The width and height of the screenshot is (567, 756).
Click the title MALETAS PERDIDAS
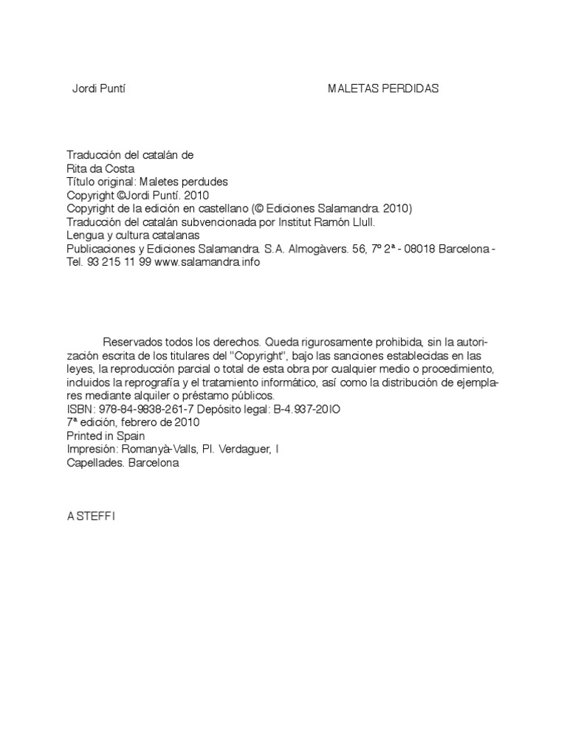click(x=383, y=89)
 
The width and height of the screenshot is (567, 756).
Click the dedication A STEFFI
click(x=92, y=517)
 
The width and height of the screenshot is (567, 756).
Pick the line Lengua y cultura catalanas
click(x=134, y=235)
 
